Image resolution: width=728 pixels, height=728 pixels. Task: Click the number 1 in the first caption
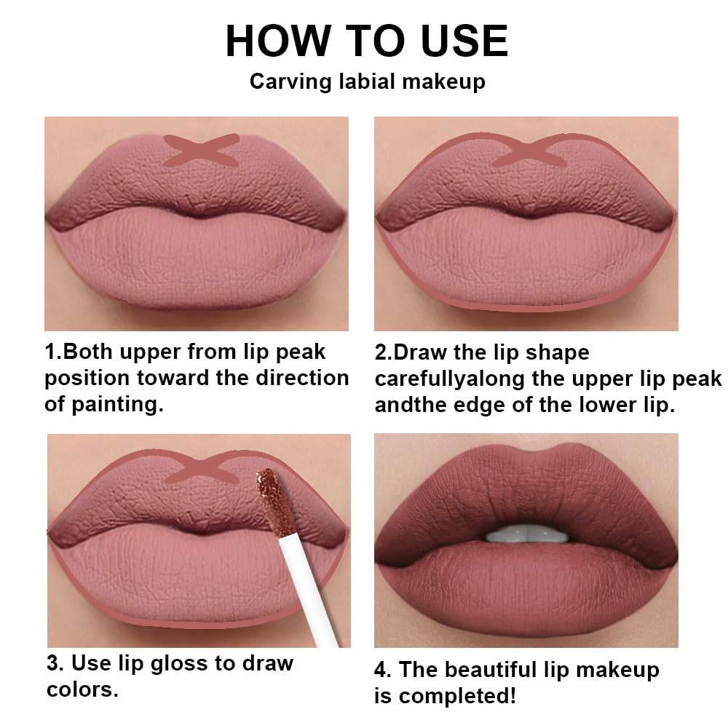click(x=50, y=352)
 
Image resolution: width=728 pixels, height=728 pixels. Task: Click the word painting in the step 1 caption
click(x=116, y=405)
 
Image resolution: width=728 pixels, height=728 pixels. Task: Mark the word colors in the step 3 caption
click(x=82, y=689)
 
